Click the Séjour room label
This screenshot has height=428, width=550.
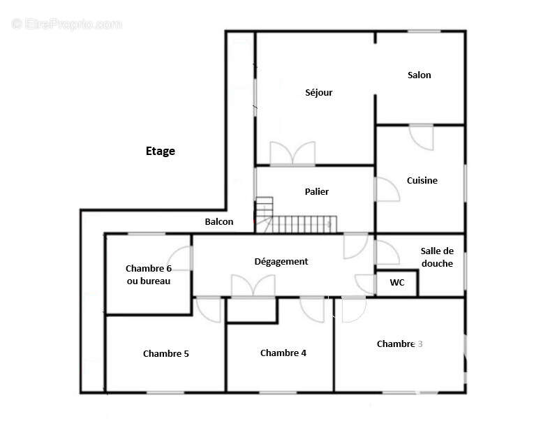click(x=318, y=93)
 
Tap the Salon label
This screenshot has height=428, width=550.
click(x=419, y=75)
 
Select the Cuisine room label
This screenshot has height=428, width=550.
click(x=422, y=181)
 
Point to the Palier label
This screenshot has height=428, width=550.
click(x=317, y=191)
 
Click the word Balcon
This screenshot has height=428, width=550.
click(x=219, y=222)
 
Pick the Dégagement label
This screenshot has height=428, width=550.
click(x=281, y=262)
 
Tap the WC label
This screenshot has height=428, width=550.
click(x=397, y=283)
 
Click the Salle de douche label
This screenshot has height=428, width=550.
click(x=437, y=257)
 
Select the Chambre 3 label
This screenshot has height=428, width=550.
click(x=399, y=344)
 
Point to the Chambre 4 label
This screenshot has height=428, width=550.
click(x=283, y=353)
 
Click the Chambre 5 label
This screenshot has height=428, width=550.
click(x=166, y=353)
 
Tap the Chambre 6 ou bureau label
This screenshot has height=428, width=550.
click(x=149, y=274)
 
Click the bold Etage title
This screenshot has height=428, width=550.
click(x=161, y=152)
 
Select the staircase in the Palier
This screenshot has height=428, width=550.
click(x=296, y=216)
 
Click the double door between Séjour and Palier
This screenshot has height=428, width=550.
click(x=292, y=154)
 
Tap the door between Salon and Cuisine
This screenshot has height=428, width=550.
click(x=422, y=138)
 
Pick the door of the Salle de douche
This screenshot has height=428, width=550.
click(x=387, y=252)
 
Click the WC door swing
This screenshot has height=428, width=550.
click(x=366, y=283)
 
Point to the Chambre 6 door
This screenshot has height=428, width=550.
click(x=179, y=258)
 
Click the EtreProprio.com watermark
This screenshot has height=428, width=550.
click(x=66, y=24)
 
